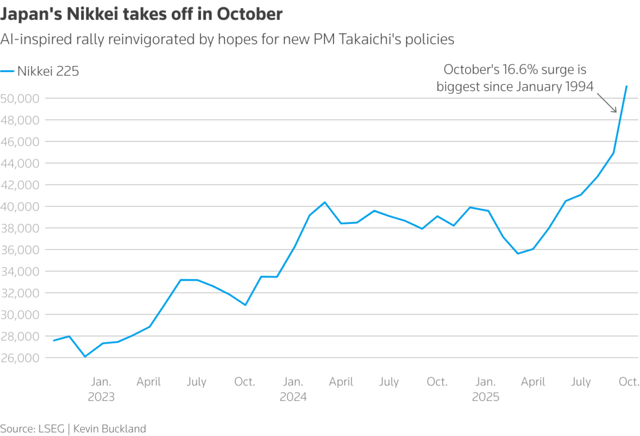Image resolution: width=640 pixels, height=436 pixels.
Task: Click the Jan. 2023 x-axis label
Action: (x=101, y=389)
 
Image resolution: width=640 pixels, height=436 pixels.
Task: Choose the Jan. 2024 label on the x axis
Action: (x=293, y=389)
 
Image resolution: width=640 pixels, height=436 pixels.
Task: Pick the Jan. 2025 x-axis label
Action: (x=485, y=389)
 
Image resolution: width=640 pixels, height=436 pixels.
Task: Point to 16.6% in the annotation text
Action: (x=525, y=70)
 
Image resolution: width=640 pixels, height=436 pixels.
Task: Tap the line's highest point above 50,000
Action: (x=626, y=86)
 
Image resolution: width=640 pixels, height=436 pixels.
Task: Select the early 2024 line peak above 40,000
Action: (x=325, y=203)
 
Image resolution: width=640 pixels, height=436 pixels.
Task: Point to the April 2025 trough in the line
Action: (x=517, y=253)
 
